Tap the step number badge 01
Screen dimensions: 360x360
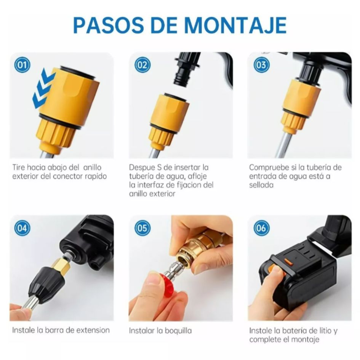[x=22, y=65]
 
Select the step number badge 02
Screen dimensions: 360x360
[x=142, y=65]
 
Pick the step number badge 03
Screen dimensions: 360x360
[x=261, y=65]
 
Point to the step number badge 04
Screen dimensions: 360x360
[x=22, y=228]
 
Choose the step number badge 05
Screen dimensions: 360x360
[x=142, y=228]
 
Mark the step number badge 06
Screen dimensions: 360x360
[x=261, y=228]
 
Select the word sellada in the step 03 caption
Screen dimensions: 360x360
[x=261, y=185]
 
